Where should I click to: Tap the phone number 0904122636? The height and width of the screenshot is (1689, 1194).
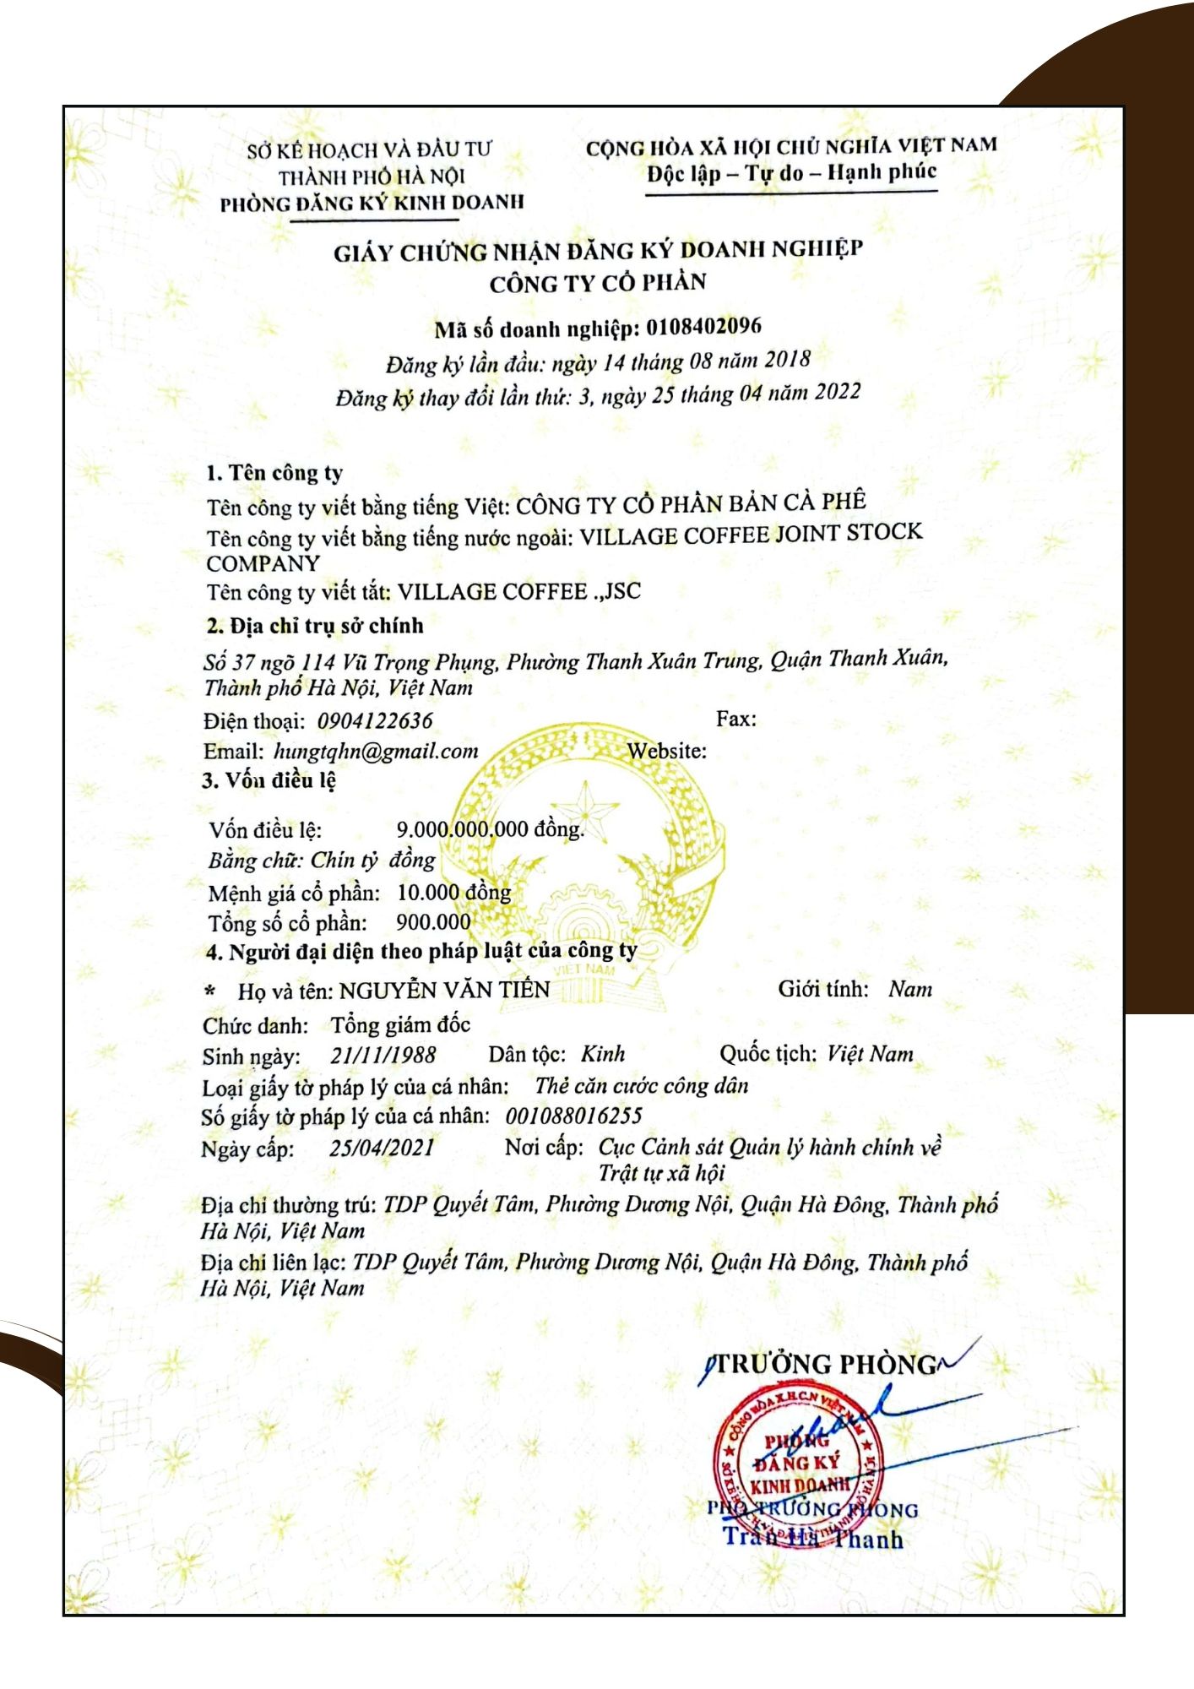pyautogui.click(x=375, y=721)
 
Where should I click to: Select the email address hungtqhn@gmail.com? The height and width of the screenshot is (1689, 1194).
pyautogui.click(x=376, y=751)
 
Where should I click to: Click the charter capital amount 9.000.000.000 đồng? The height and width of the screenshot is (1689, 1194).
pyautogui.click(x=491, y=829)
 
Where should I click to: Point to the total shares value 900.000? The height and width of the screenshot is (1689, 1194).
pyautogui.click(x=433, y=922)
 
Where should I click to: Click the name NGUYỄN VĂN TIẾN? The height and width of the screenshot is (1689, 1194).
pyautogui.click(x=445, y=990)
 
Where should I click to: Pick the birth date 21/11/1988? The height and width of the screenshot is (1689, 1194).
pyautogui.click(x=383, y=1055)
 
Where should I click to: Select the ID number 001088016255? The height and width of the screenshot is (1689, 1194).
pyautogui.click(x=574, y=1116)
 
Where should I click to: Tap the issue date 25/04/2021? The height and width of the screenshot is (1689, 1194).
pyautogui.click(x=382, y=1148)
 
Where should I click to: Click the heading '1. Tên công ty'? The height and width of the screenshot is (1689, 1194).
pyautogui.click(x=274, y=473)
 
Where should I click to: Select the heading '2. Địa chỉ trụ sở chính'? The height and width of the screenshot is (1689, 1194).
pyautogui.click(x=314, y=626)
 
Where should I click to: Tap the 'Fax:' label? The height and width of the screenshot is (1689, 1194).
pyautogui.click(x=736, y=719)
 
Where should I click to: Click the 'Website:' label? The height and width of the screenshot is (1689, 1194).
pyautogui.click(x=667, y=751)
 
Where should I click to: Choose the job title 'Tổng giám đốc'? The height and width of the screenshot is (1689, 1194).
pyautogui.click(x=400, y=1025)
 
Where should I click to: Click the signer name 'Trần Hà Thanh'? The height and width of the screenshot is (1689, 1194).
pyautogui.click(x=813, y=1539)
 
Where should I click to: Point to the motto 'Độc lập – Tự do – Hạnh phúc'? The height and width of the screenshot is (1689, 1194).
pyautogui.click(x=792, y=173)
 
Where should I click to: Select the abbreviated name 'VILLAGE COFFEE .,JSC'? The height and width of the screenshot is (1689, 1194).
pyautogui.click(x=519, y=591)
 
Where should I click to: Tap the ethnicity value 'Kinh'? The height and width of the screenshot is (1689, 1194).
pyautogui.click(x=603, y=1054)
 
